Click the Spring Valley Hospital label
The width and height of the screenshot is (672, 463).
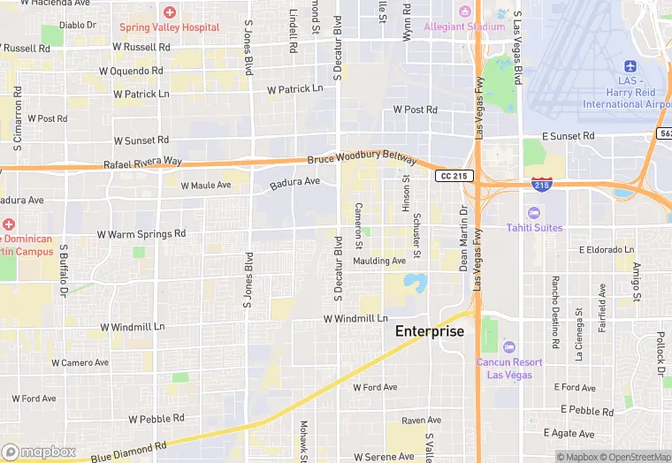pos(170,27)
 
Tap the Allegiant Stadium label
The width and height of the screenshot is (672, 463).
pos(463,27)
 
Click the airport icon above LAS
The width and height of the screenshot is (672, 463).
pos(630,67)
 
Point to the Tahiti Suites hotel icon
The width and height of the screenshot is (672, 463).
pos(533,213)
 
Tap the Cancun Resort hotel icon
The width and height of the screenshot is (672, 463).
pos(508,345)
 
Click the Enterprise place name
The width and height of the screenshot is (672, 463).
pos(429,331)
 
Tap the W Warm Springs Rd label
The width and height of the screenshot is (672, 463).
pos(141,234)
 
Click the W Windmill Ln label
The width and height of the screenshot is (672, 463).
pos(355,318)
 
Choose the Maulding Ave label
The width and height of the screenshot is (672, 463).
pos(379,261)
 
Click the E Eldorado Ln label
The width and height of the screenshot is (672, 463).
pos(607,250)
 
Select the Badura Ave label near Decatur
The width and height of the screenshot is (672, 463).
pos(294,182)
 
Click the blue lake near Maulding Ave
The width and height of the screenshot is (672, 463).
pos(415,283)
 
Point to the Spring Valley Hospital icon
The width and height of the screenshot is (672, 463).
pos(169,12)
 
